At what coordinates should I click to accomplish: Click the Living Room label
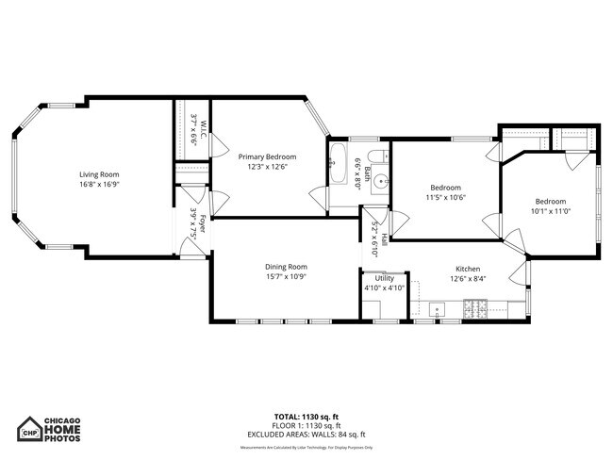pos(98,174)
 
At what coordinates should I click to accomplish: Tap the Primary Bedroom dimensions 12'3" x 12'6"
pos(267,167)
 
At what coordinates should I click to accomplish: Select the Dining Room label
pos(286,267)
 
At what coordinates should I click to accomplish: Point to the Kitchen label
pos(469,268)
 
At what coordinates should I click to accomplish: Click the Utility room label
pos(384,278)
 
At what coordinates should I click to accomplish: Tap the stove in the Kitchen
pos(473,306)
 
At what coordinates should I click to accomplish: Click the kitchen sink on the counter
pos(438,307)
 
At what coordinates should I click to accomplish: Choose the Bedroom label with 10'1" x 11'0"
pos(551,202)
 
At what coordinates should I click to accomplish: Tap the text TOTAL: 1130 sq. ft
pos(306,416)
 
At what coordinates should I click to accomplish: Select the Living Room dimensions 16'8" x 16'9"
pos(98,185)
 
